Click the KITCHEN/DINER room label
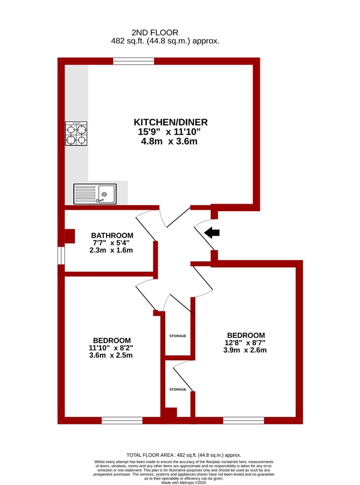(170, 122)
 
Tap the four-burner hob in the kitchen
(76, 133)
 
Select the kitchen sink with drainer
(95, 194)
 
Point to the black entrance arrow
(212, 232)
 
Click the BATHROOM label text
(112, 235)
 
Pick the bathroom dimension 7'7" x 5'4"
(111, 243)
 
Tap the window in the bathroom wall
(61, 256)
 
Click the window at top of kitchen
(133, 61)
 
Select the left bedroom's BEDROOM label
(112, 341)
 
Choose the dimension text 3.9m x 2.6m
(245, 350)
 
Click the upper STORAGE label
(177, 336)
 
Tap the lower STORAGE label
(177, 390)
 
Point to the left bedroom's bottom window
(122, 421)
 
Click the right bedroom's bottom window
(244, 421)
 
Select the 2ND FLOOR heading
(155, 32)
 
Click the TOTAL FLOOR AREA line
(184, 455)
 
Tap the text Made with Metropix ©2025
(184, 482)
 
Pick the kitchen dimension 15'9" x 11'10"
(169, 132)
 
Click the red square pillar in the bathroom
(70, 236)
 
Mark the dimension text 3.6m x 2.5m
(111, 355)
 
